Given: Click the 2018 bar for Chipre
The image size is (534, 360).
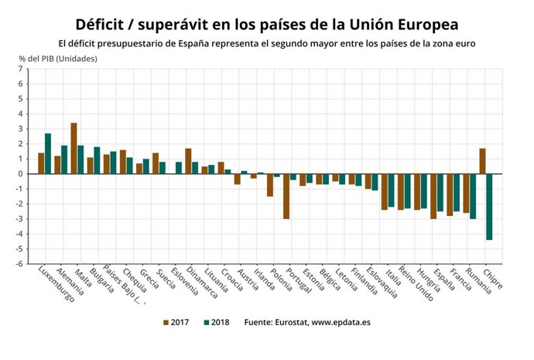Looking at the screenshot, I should [x=489, y=207].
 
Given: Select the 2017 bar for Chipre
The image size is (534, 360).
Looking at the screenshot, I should [x=482, y=161].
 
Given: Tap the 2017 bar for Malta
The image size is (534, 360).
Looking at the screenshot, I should [x=74, y=148].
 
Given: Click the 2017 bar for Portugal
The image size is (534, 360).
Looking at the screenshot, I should [x=286, y=196].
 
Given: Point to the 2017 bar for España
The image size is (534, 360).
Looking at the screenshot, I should [x=433, y=196].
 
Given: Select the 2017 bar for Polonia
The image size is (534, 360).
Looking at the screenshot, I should [x=270, y=185].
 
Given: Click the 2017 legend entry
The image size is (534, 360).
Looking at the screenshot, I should [x=177, y=321].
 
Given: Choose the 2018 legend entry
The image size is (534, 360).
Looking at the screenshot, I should [x=216, y=321].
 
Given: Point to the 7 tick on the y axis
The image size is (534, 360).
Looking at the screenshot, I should [x=20, y=70].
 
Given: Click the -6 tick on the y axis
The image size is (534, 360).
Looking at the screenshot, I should [x=19, y=263].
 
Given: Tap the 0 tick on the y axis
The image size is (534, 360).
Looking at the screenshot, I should [x=20, y=173].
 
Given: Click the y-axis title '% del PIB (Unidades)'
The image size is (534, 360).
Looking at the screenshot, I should [x=58, y=59].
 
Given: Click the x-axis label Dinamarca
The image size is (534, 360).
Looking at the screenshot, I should [x=200, y=283].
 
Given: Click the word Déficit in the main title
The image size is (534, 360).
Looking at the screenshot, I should [x=105, y=23].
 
